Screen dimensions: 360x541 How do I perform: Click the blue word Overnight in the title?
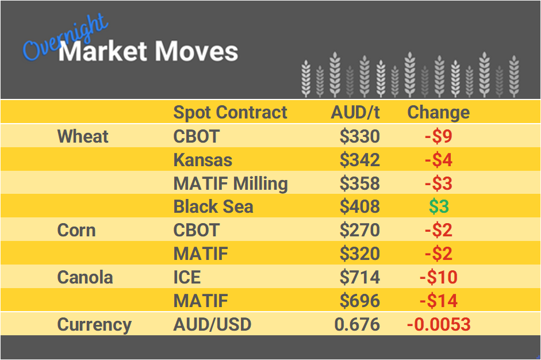coord(64,37)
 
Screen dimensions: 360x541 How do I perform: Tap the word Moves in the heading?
coord(196,52)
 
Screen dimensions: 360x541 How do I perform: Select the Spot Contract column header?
coord(230,112)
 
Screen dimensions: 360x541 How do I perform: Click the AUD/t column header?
coord(355,112)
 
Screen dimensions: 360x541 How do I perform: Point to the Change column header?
coord(438,112)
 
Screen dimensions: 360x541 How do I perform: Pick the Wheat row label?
coord(83,136)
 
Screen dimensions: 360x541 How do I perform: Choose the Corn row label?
coord(76,231)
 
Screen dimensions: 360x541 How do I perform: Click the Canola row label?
coord(85,278)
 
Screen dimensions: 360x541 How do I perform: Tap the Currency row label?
coord(94,324)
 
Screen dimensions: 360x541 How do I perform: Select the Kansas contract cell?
coord(203,160)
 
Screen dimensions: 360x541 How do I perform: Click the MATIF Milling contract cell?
coord(231,183)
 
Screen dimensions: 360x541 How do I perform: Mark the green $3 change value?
coord(439,207)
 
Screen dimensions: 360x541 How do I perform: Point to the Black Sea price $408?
coord(359,207)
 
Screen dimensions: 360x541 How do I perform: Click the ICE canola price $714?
coord(359,278)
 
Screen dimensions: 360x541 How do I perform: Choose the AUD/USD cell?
coord(212,324)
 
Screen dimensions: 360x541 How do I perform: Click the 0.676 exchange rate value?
coord(357,324)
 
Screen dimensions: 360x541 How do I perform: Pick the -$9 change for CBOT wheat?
coord(438,136)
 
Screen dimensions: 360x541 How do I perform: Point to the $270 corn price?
coord(359,231)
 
